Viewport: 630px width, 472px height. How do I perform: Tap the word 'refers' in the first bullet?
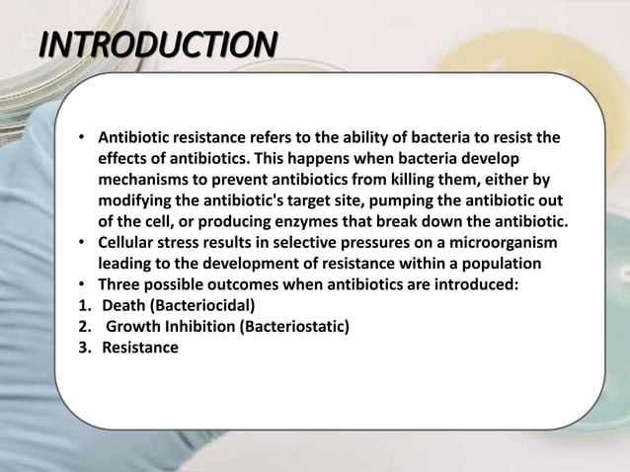[278, 136]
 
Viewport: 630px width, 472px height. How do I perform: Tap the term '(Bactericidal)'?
[201, 306]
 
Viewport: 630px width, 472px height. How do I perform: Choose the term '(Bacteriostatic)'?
[289, 327]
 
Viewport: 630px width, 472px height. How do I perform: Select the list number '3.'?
[85, 349]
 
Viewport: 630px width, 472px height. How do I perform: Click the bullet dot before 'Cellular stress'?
[83, 243]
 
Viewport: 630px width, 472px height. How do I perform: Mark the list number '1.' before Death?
[85, 306]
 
